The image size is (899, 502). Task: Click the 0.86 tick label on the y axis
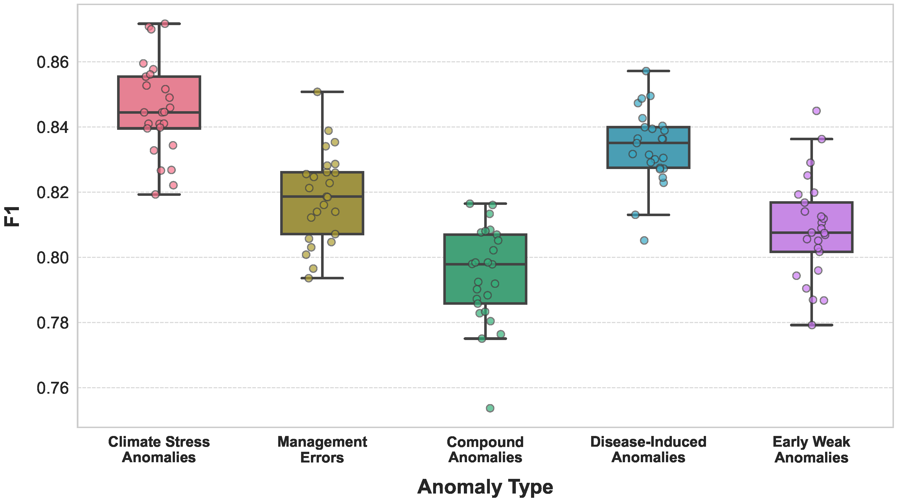pos(53,62)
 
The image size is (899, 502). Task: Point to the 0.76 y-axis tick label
pos(53,388)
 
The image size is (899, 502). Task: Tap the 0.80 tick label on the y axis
pos(53,258)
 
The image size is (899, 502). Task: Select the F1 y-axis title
pos(12,216)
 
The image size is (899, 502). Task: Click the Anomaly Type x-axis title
pos(485,487)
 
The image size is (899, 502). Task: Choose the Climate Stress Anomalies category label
pos(159,450)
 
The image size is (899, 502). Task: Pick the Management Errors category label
pos(322,450)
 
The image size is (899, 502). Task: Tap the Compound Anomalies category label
pos(485,450)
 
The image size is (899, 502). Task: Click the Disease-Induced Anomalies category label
pos(648,450)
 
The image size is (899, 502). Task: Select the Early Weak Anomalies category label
pos(812,450)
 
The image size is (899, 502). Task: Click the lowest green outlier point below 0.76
pos(490,408)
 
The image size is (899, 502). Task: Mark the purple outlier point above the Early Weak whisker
pos(816,111)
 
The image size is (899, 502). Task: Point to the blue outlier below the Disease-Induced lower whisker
pos(644,240)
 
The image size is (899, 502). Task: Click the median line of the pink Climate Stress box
pos(159,112)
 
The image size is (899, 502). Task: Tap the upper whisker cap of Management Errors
pos(322,92)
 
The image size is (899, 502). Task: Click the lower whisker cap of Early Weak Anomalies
pos(812,325)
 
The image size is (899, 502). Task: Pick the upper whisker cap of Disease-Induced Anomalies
pos(648,71)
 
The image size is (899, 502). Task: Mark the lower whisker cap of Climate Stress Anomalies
pos(159,194)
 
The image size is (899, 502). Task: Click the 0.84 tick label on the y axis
pos(53,128)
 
